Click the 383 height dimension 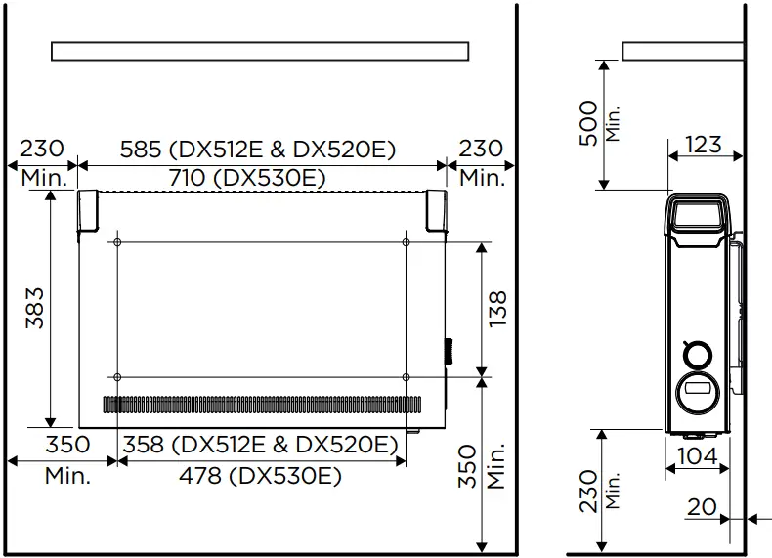35,308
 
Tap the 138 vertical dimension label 497,309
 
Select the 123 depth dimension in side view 704,145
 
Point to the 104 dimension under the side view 698,456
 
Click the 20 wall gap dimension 702,507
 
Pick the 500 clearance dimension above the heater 589,123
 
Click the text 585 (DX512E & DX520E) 258,150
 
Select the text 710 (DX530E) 247,178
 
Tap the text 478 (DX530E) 261,476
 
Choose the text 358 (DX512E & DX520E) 260,445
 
